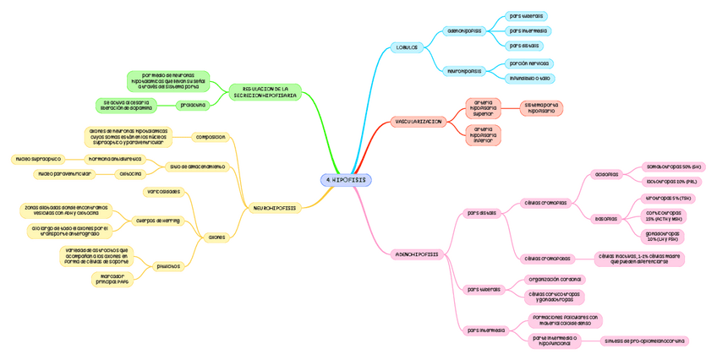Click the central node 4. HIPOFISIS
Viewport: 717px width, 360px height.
[x=346, y=180]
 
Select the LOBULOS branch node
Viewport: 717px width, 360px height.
[x=407, y=47]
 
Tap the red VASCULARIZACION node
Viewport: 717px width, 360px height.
[x=418, y=122]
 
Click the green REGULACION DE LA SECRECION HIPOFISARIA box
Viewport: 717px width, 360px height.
[x=265, y=91]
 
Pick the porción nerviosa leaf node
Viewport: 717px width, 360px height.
[x=528, y=63]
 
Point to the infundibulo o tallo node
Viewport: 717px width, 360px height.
[x=530, y=78]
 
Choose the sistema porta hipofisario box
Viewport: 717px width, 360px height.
[x=541, y=108]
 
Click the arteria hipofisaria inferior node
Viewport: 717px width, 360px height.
[x=483, y=135]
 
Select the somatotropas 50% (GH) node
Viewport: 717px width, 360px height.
[x=673, y=166]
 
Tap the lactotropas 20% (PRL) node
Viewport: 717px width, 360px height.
[x=671, y=181]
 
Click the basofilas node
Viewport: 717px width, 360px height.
[x=605, y=218]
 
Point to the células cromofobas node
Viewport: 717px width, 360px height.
[x=547, y=259]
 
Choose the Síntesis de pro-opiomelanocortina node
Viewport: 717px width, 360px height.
[x=644, y=341]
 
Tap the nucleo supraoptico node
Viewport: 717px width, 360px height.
[x=38, y=158]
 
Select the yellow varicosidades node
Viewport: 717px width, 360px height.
[x=163, y=192]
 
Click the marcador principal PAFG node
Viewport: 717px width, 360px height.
[x=113, y=279]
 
